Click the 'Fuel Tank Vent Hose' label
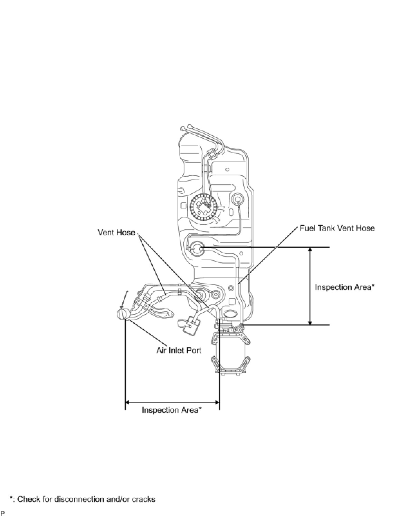(337, 228)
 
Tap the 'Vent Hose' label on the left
(116, 232)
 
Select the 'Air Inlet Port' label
(179, 350)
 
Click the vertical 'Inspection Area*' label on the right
(344, 287)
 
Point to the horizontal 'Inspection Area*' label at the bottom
(171, 410)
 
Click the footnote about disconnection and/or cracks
(83, 499)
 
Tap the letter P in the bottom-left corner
(3, 513)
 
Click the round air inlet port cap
(122, 314)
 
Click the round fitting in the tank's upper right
(238, 199)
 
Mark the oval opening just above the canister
(230, 314)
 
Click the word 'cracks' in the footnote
(144, 499)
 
